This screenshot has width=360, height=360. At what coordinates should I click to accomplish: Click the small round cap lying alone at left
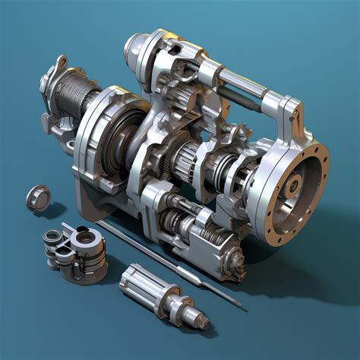(36, 197)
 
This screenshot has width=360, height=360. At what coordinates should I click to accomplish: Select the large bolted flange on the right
(293, 190)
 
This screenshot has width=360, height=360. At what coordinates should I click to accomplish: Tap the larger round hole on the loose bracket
(87, 238)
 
